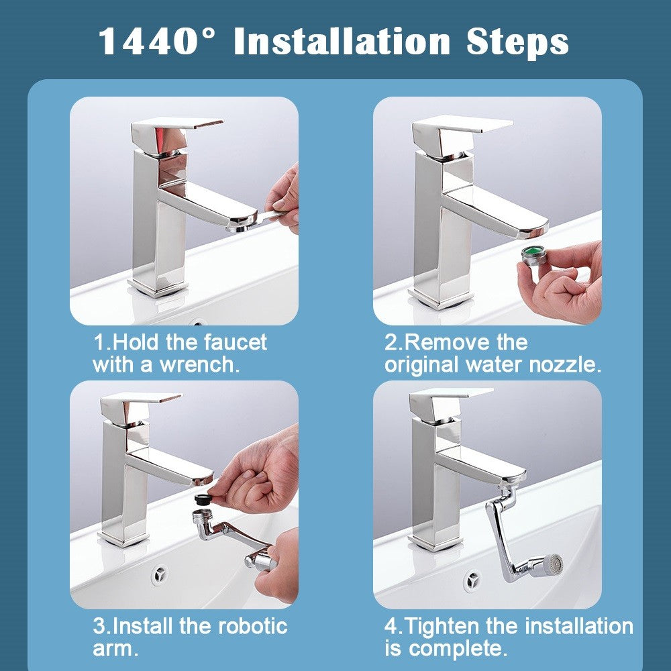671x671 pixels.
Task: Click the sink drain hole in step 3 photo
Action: [x=160, y=574]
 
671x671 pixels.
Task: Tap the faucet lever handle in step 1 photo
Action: [x=178, y=124]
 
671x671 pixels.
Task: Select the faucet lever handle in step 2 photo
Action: [x=463, y=125]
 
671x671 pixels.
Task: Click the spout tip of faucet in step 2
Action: [x=533, y=229]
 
